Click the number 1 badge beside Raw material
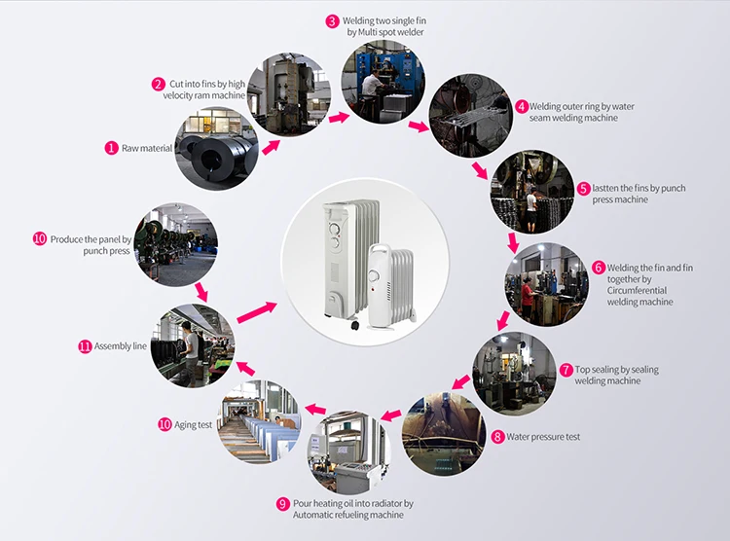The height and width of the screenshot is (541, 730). [x=112, y=148]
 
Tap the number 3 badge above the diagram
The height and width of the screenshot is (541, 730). [x=333, y=20]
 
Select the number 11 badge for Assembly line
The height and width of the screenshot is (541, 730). [x=85, y=345]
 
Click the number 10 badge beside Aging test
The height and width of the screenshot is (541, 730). [x=164, y=424]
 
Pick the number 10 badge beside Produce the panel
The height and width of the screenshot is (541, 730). [x=40, y=238]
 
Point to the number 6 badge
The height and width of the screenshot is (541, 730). [x=599, y=267]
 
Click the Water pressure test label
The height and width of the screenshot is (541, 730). [x=542, y=437]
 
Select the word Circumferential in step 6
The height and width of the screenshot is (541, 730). [x=640, y=290]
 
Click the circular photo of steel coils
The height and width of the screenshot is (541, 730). [x=217, y=152]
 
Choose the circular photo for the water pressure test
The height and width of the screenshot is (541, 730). [x=444, y=433]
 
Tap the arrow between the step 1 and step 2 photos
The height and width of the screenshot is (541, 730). [x=269, y=147]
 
